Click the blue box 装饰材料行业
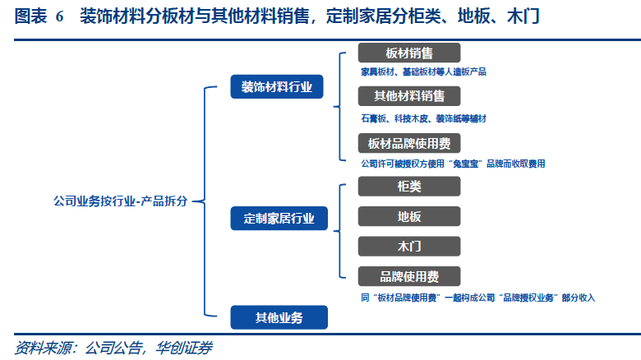point(277,86)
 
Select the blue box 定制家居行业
point(279,219)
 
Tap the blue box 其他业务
point(279,317)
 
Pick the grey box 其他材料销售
point(409,97)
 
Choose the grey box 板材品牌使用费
point(409,144)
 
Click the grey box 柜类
point(409,186)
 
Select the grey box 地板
point(409,216)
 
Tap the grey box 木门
point(409,246)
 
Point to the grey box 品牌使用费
point(409,276)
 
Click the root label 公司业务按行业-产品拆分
point(120,200)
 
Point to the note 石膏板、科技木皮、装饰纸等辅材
point(423,118)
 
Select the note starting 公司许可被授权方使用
point(453,164)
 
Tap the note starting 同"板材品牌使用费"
point(477,297)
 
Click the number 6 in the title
point(59,16)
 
